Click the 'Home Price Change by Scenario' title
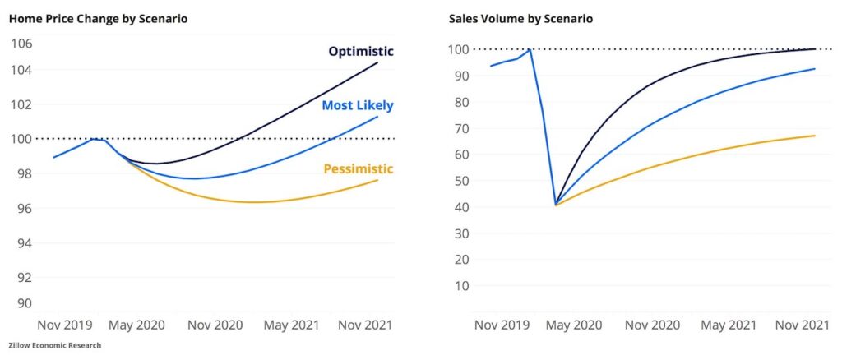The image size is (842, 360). pyautogui.click(x=98, y=18)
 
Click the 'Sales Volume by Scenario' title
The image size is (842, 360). pyautogui.click(x=520, y=18)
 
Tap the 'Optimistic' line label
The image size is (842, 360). pyautogui.click(x=360, y=51)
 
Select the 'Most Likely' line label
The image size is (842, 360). pyautogui.click(x=357, y=105)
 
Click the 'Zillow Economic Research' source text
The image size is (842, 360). pyautogui.click(x=55, y=345)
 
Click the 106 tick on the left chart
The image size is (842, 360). pyautogui.click(x=21, y=44)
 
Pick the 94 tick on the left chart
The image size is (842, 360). pyautogui.click(x=21, y=242)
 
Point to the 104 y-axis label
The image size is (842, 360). pyautogui.click(x=21, y=69)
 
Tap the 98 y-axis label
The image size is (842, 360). pyautogui.click(x=21, y=173)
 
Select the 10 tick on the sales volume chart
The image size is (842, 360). pyautogui.click(x=464, y=285)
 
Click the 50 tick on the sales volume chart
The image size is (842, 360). pyautogui.click(x=464, y=181)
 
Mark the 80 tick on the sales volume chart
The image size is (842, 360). pyautogui.click(x=464, y=102)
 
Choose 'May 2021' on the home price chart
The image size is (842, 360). pyautogui.click(x=291, y=325)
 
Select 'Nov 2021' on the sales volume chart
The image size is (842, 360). pyautogui.click(x=802, y=325)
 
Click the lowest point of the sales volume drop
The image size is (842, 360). pyautogui.click(x=556, y=204)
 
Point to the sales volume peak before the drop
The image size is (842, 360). pyautogui.click(x=530, y=50)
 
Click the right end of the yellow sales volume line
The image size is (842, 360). pyautogui.click(x=814, y=136)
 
